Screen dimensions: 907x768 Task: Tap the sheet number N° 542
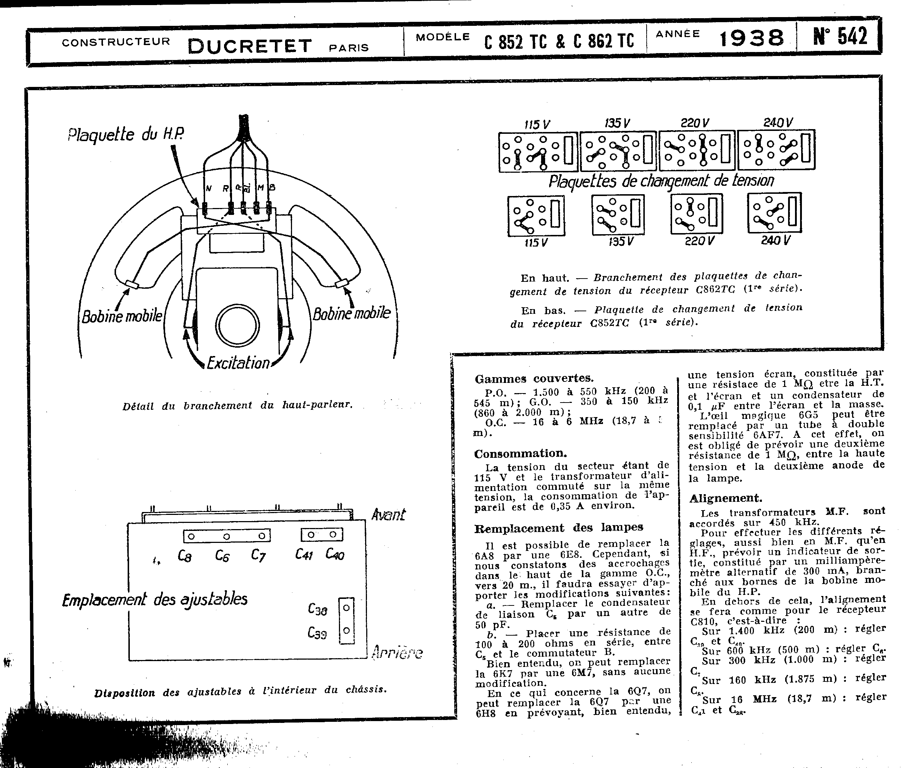click(840, 37)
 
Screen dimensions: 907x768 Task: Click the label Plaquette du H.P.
click(125, 135)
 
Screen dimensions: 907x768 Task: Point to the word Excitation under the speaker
click(238, 363)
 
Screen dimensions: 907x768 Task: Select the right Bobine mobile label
click(352, 313)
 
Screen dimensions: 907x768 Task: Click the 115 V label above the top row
click(537, 124)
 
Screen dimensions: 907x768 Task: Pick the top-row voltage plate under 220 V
click(697, 151)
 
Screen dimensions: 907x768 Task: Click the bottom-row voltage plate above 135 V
click(618, 215)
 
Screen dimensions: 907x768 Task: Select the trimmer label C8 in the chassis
click(185, 556)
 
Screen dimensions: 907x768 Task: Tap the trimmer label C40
click(335, 554)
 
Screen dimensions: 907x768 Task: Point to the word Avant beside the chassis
click(388, 515)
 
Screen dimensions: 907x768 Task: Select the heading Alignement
click(726, 498)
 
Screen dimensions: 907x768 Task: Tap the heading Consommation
click(520, 453)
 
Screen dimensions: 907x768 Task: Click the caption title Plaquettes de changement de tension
click(661, 181)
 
